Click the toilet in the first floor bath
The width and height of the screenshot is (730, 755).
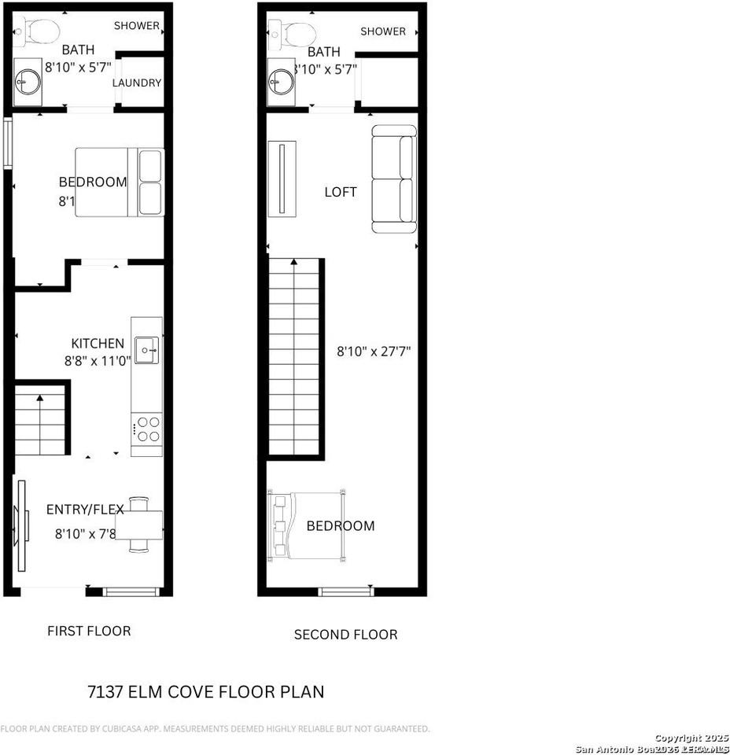[x=39, y=31]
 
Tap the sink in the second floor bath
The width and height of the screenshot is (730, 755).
[x=280, y=80]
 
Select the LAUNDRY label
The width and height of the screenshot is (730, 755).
[x=137, y=83]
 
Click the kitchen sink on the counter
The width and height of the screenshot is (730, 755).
[x=146, y=350]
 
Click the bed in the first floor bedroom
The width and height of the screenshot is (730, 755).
[x=120, y=182]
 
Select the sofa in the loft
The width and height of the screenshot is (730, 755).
[x=394, y=179]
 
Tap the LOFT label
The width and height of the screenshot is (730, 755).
[x=341, y=192]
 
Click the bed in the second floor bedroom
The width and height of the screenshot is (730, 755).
[x=308, y=525]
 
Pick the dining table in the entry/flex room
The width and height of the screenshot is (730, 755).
[x=139, y=523]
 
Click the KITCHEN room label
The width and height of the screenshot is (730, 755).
[x=98, y=343]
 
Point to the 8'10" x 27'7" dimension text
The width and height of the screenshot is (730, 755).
[x=373, y=352]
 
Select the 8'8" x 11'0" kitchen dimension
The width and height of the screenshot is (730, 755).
[x=98, y=362]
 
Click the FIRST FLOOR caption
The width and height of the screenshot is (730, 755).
[x=89, y=631]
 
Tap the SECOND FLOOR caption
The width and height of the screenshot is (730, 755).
[x=345, y=634]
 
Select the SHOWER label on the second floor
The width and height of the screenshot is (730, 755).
[x=383, y=31]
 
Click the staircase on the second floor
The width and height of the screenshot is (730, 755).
[x=296, y=358]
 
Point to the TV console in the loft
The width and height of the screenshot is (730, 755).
[x=282, y=178]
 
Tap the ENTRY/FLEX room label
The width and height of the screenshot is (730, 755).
[x=85, y=510]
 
